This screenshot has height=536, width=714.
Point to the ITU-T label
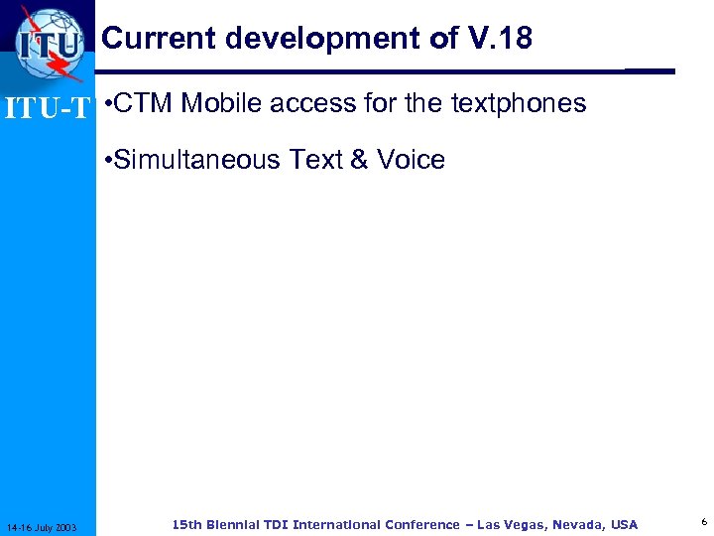pyautogui.click(x=48, y=107)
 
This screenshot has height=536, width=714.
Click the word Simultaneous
pyautogui.click(x=197, y=160)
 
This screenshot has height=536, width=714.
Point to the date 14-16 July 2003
pyautogui.click(x=48, y=526)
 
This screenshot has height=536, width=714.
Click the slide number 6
pyautogui.click(x=703, y=522)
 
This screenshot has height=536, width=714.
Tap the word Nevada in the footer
pyautogui.click(x=577, y=524)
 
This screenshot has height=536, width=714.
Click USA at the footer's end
pyautogui.click(x=625, y=524)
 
